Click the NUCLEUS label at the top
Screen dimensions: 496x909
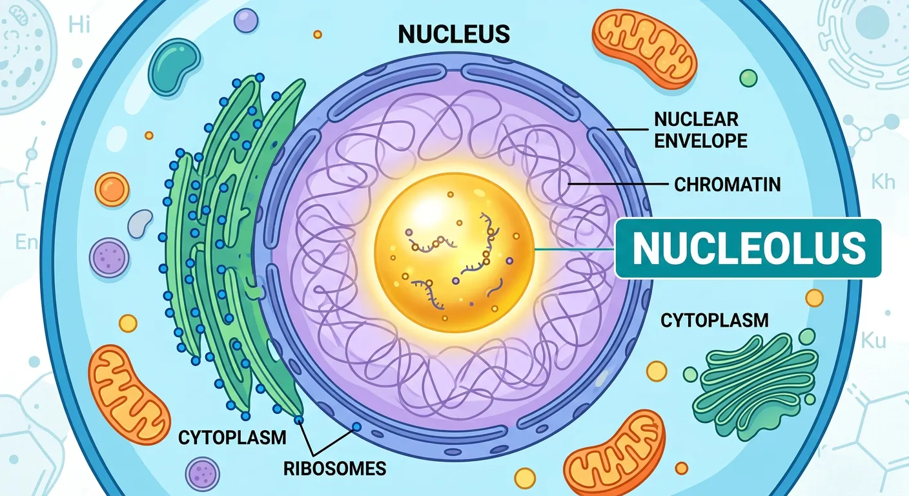454,34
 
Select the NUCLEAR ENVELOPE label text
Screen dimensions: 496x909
700,129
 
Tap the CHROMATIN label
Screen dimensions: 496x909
727,184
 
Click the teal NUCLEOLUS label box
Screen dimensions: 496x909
748,248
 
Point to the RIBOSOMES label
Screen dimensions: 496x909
335,468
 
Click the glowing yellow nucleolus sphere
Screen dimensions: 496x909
454,249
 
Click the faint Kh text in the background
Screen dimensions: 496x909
883,181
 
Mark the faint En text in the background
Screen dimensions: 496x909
26,242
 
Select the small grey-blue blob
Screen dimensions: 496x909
140,223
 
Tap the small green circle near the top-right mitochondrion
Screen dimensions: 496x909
748,78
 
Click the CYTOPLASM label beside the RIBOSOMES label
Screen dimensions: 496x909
232,437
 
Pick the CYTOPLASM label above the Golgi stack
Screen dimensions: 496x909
715,319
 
